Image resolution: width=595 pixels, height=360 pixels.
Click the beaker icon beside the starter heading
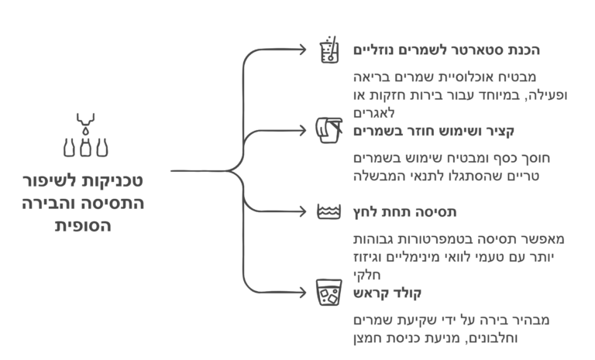tap(329, 50)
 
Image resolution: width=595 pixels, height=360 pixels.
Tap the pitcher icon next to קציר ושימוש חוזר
tap(329, 131)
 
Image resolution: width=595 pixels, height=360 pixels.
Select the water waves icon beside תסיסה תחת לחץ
tap(329, 211)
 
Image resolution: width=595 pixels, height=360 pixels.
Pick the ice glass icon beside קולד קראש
tap(329, 293)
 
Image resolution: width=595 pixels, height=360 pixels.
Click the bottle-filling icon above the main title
tap(85, 135)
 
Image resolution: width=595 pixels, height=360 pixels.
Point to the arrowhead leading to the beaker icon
tap(303, 50)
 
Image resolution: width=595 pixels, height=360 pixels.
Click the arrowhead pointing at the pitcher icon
tap(303, 131)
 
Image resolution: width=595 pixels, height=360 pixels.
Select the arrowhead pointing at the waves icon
tap(303, 211)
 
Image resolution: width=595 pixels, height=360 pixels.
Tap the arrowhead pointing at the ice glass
tap(303, 293)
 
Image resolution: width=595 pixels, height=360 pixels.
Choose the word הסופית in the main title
tap(83, 226)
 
